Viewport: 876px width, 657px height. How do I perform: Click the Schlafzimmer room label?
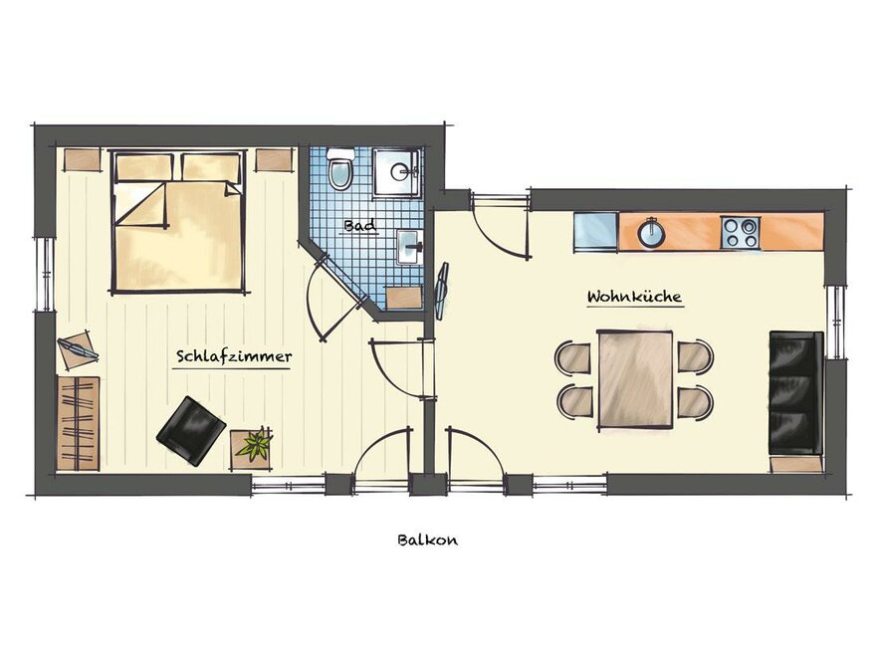click(234, 356)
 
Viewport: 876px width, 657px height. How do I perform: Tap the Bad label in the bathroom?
click(360, 226)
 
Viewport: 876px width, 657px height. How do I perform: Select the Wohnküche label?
click(635, 296)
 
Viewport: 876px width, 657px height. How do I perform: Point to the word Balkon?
click(428, 540)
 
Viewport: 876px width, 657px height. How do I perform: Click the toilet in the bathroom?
click(339, 168)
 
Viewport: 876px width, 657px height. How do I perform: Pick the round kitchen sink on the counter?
click(651, 233)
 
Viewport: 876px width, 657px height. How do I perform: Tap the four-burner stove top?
click(741, 233)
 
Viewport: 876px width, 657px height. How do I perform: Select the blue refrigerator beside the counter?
click(595, 232)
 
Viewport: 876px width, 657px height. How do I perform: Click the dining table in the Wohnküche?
click(635, 380)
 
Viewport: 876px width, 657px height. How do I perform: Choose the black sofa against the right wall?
click(796, 393)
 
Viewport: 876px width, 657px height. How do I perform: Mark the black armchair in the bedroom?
click(191, 431)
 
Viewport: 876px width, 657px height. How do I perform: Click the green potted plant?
click(254, 444)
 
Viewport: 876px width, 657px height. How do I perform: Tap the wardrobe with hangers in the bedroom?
click(79, 423)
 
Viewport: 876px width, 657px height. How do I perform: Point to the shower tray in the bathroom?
click(396, 172)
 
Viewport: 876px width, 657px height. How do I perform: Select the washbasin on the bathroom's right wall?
click(410, 247)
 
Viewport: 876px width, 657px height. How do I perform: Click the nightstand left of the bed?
click(82, 159)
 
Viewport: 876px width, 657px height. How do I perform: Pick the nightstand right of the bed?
click(275, 159)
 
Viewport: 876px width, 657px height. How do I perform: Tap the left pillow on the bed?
click(144, 167)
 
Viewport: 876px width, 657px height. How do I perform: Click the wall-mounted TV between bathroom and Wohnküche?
click(442, 291)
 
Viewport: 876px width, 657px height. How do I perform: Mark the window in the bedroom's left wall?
click(45, 274)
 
